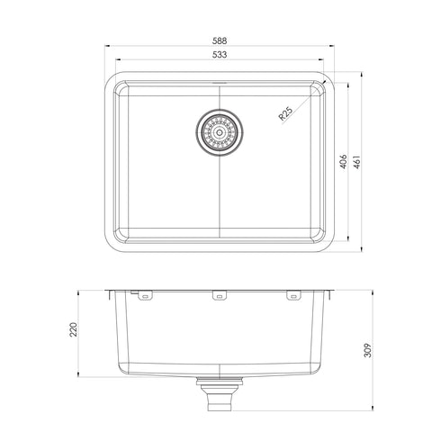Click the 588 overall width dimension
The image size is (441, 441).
[x=219, y=40]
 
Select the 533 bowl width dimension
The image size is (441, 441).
[x=219, y=56]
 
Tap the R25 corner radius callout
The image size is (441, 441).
[x=285, y=114]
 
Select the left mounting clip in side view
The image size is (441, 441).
[x=144, y=295]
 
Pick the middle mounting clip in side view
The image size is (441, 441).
[x=219, y=295]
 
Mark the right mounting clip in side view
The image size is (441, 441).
[x=293, y=295]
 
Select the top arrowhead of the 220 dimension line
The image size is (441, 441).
[x=82, y=292]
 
